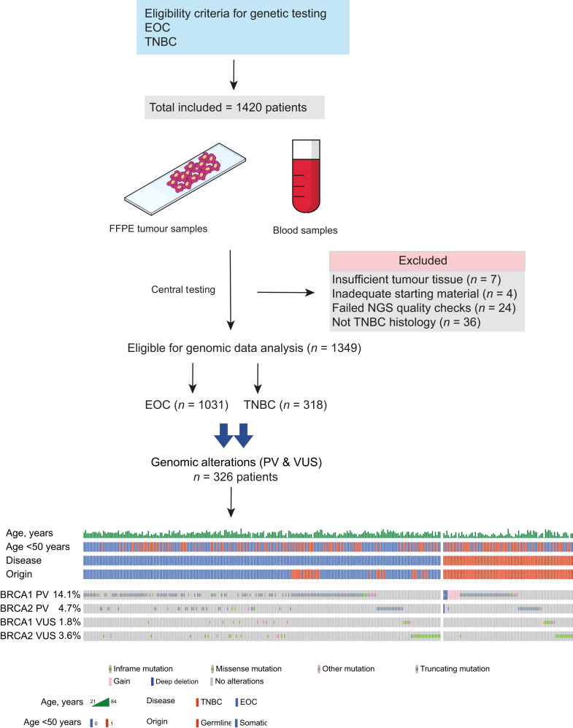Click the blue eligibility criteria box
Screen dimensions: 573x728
(x=242, y=27)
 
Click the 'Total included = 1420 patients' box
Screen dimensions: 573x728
(x=234, y=107)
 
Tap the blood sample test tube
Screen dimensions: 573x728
(x=307, y=176)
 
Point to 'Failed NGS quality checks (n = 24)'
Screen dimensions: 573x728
(x=423, y=308)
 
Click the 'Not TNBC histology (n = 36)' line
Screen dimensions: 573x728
(x=406, y=322)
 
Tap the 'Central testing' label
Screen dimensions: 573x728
(x=183, y=290)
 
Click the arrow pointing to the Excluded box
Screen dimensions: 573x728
(x=286, y=293)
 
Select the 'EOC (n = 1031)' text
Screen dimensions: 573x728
(x=187, y=405)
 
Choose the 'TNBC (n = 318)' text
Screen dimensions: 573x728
(x=285, y=405)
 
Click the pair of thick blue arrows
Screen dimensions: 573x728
(x=234, y=435)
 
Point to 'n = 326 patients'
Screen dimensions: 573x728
(x=236, y=478)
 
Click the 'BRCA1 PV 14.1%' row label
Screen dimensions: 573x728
(x=40, y=595)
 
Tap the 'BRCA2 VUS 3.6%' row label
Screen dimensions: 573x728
(x=40, y=636)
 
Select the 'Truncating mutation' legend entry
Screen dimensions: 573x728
(x=453, y=669)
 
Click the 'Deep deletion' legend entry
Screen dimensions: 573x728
(x=174, y=681)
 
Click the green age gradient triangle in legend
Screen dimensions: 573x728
(x=101, y=702)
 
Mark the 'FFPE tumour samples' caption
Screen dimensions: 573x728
(x=158, y=229)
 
